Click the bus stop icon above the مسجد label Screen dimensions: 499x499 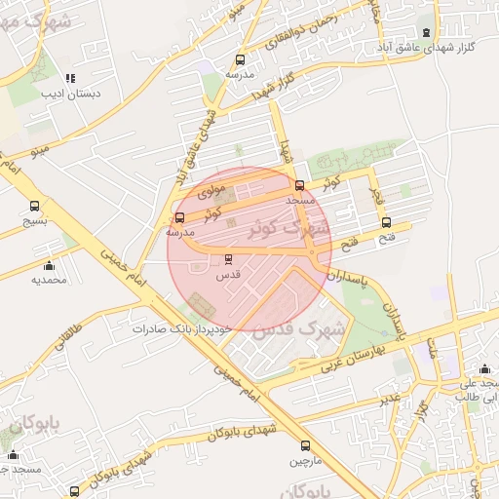coord(299,185)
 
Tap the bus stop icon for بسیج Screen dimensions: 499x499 coord(35,207)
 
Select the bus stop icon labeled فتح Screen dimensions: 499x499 coord(386,222)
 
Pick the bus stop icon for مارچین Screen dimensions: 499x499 coord(306,445)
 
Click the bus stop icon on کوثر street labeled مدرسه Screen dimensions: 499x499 coord(178,217)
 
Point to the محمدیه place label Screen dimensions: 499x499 coord(49,280)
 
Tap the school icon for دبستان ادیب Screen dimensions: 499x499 coord(69,78)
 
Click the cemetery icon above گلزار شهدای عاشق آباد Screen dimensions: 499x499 coord(425,32)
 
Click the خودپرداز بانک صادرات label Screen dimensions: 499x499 coord(183,328)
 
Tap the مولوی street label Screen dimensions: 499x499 coord(211,193)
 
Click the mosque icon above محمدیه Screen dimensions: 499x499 coord(49,265)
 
